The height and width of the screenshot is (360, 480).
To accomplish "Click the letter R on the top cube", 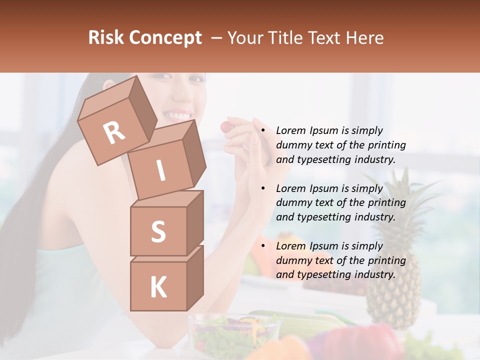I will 114,132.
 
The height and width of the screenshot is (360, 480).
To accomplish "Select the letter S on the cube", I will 158,231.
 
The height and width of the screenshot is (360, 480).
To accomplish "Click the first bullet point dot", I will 263,130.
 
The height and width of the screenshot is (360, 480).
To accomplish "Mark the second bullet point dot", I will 263,188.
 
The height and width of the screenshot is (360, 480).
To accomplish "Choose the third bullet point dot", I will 263,246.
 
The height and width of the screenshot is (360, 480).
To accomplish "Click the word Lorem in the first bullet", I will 291,130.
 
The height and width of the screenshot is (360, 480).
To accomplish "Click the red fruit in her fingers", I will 227,127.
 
